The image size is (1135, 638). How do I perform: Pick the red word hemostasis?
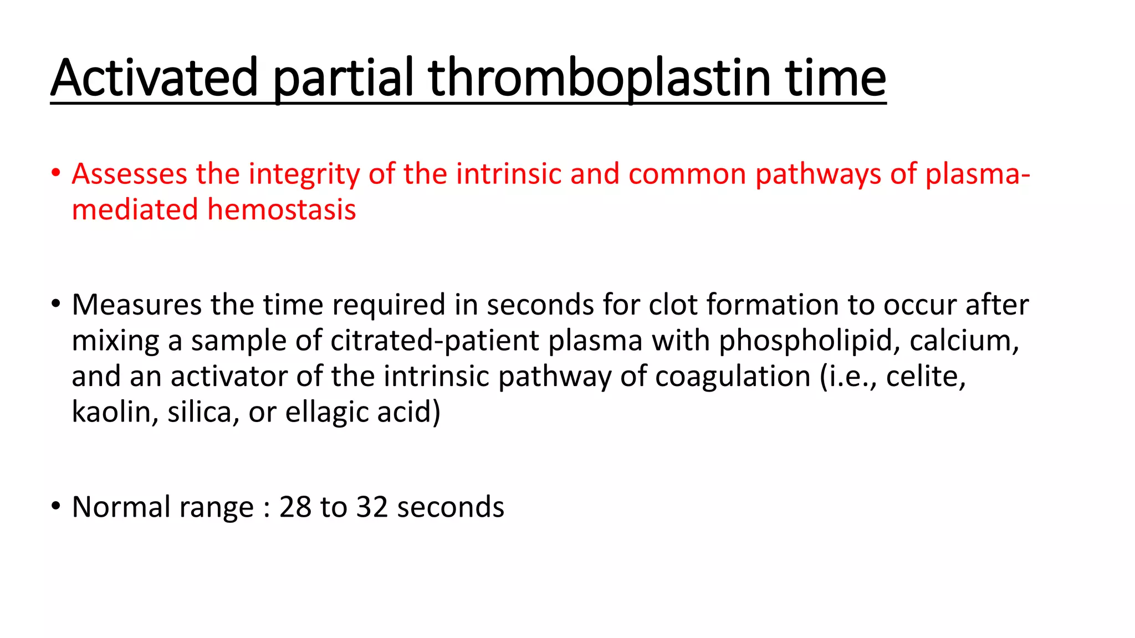[x=282, y=210]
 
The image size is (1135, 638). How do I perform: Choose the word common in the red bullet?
[x=687, y=174]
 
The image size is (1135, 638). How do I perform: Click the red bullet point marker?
[x=55, y=173]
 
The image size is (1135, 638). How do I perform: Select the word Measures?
[x=136, y=305]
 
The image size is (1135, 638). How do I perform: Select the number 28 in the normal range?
[x=295, y=507]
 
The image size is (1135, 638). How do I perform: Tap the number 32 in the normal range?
[x=372, y=507]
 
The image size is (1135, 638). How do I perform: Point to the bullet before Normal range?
[x=55, y=506]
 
